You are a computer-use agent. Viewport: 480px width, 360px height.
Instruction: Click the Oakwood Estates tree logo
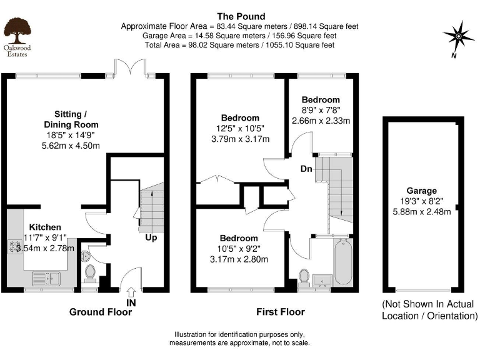(x=17, y=31)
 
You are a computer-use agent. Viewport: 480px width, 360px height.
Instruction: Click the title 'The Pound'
(x=241, y=16)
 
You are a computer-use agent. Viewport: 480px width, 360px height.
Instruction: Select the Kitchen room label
(x=45, y=227)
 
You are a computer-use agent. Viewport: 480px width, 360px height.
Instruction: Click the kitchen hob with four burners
(x=15, y=247)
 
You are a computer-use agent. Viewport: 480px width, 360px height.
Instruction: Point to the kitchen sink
(x=46, y=279)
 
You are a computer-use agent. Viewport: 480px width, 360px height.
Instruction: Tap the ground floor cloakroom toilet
(x=90, y=273)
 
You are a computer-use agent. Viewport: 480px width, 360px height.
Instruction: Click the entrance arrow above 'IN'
(x=131, y=292)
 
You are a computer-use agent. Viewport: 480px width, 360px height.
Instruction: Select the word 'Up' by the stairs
(x=151, y=237)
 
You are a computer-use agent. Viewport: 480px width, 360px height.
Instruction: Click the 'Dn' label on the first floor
(x=306, y=169)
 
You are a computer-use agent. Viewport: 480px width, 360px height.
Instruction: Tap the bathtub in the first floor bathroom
(x=343, y=262)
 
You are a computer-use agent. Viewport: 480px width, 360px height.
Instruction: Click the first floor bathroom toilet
(x=304, y=277)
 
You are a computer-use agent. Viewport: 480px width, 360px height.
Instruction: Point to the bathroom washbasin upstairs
(x=322, y=281)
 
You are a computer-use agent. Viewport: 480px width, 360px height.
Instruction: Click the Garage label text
(x=421, y=191)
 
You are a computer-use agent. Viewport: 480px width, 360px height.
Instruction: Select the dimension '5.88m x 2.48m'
(x=421, y=211)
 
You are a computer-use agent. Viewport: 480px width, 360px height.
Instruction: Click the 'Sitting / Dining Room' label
(x=71, y=119)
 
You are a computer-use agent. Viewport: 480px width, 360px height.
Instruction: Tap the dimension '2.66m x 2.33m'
(x=321, y=121)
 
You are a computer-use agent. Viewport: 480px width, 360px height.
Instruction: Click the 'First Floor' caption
(x=281, y=312)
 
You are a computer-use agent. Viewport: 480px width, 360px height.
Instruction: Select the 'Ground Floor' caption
(x=101, y=312)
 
